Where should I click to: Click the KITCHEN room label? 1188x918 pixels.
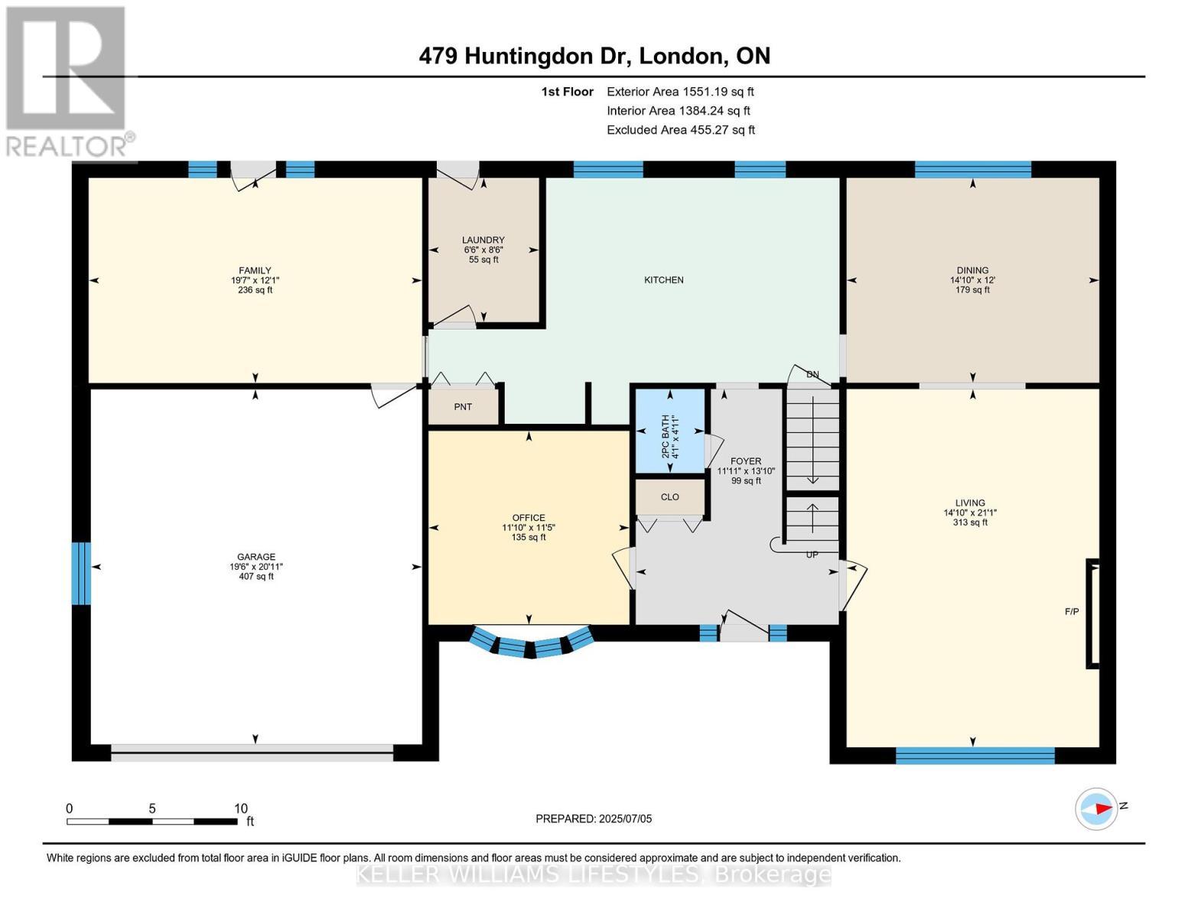click(663, 280)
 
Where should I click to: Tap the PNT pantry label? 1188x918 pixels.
click(463, 407)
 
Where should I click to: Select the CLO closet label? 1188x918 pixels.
click(669, 497)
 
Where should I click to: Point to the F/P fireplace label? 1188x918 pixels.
click(1071, 611)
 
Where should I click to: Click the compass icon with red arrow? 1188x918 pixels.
click(1095, 809)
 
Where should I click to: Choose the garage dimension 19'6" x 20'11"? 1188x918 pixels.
click(256, 567)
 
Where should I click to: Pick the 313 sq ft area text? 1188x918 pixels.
click(970, 522)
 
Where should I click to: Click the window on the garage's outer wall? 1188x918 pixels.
click(81, 573)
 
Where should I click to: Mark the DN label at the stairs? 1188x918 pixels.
click(812, 375)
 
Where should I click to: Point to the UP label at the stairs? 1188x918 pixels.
click(812, 555)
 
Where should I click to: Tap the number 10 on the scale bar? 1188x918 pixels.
click(240, 809)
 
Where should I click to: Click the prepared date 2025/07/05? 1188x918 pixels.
click(625, 819)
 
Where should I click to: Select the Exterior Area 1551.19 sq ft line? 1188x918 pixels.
click(680, 92)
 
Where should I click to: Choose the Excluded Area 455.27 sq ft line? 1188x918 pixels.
click(681, 130)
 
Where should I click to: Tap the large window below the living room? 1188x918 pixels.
click(975, 755)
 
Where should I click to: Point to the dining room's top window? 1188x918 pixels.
click(972, 170)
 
